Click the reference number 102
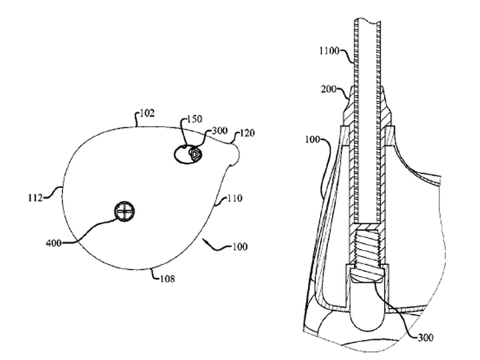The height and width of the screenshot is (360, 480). click(x=147, y=113)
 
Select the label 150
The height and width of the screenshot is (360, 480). click(x=195, y=119)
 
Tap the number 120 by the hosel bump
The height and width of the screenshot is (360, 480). click(x=247, y=133)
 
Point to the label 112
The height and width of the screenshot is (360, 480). click(x=35, y=198)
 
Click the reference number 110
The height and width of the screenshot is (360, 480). click(x=235, y=199)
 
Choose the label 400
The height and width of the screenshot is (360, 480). click(x=53, y=243)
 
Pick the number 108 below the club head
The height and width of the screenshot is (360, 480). click(x=167, y=279)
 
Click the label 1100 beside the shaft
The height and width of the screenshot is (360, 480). click(x=329, y=51)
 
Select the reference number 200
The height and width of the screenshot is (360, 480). click(x=329, y=89)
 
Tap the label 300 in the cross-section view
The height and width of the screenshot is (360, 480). click(x=426, y=337)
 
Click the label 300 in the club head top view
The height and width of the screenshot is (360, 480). click(x=219, y=131)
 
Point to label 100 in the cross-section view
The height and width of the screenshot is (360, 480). click(x=313, y=139)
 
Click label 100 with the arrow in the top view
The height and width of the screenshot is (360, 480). click(x=240, y=247)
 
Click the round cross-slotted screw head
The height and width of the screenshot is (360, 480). click(x=124, y=211)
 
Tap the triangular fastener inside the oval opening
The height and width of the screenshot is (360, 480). click(x=195, y=154)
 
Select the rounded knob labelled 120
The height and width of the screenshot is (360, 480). click(x=235, y=154)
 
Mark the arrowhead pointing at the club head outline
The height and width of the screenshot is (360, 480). click(x=205, y=243)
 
